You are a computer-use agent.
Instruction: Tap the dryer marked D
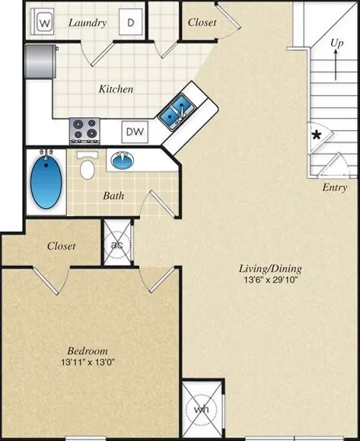(x=131, y=23)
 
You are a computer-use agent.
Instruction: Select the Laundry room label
(x=88, y=23)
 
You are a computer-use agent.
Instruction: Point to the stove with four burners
(x=84, y=129)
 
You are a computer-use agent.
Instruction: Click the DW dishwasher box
(x=135, y=132)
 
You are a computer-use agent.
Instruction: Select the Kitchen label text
(x=116, y=89)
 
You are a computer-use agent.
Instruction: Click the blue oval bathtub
(x=45, y=181)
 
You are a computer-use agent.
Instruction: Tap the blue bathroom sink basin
(x=122, y=161)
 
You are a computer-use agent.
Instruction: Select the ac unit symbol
(x=117, y=244)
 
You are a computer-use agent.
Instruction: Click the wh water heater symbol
(x=201, y=408)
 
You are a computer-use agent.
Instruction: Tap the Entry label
(x=334, y=187)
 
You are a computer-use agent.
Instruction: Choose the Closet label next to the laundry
(x=202, y=23)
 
